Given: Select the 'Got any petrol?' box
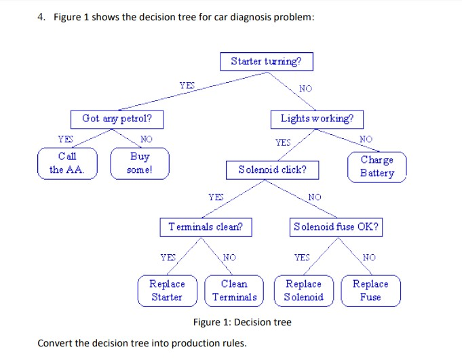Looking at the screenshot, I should click(117, 119).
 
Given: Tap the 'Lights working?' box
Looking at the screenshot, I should click(317, 119).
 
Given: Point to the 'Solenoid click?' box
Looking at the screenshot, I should click(272, 169).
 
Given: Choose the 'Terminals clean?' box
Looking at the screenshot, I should click(206, 227).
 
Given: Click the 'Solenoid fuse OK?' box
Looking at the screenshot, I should click(336, 227).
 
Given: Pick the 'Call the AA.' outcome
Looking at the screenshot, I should click(67, 163).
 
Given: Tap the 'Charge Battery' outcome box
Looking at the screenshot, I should click(377, 167).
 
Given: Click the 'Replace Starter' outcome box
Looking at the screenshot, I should click(166, 290).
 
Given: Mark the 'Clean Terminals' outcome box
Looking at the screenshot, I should click(234, 290).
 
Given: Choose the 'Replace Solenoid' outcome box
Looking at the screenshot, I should click(303, 290).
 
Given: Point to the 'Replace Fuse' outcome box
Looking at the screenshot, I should click(370, 290).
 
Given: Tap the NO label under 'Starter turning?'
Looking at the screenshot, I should click(306, 88).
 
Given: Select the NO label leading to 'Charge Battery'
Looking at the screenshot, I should click(365, 139).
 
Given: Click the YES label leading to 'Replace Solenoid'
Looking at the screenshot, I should click(301, 257).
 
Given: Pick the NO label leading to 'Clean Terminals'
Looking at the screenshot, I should click(231, 258).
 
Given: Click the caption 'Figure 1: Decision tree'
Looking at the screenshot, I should click(242, 322).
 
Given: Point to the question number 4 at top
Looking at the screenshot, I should click(41, 17).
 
